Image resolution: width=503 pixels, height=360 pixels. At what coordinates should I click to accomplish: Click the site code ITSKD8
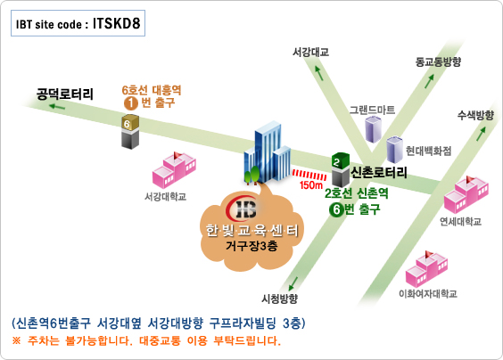[117, 23]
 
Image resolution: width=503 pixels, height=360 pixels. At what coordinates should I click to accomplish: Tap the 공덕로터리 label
[65, 94]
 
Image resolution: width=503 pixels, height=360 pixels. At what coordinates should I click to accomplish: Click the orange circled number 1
[131, 103]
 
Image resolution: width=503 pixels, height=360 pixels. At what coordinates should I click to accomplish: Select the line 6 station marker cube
[130, 131]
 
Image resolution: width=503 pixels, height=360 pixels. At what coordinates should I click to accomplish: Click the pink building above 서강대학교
[174, 170]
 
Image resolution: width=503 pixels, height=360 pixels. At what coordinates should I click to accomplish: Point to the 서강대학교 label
[165, 197]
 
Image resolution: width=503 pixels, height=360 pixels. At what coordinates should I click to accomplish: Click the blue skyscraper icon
[268, 153]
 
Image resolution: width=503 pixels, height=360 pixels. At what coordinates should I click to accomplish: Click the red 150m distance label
[311, 185]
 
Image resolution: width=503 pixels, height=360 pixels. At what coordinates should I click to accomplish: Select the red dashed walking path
[309, 175]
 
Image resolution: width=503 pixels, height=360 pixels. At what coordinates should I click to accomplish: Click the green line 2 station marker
[341, 169]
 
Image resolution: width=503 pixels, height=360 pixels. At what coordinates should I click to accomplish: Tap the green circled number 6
[336, 209]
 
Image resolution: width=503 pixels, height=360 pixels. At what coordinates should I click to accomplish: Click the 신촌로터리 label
[379, 173]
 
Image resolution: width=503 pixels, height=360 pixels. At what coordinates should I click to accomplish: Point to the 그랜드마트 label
[372, 110]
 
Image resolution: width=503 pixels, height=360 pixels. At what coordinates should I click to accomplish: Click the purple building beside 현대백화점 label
[394, 149]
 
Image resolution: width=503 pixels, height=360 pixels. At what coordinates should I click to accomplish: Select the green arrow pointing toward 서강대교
[318, 73]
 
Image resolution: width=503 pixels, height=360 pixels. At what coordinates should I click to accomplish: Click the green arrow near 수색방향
[481, 134]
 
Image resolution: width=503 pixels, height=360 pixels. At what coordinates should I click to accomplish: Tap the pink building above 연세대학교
[466, 194]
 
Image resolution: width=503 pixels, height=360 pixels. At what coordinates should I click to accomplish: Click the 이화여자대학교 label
[428, 294]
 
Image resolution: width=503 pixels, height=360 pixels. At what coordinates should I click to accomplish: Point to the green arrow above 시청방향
[293, 284]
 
